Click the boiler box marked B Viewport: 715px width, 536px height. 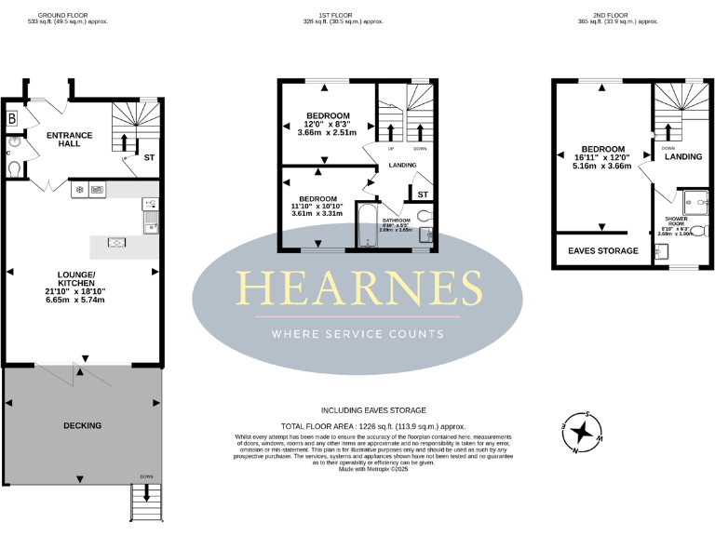click(12, 118)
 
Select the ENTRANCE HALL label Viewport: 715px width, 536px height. click(70, 141)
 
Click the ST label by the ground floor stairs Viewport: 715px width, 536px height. click(149, 158)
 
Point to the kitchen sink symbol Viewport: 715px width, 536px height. click(149, 222)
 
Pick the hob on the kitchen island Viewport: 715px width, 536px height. click(117, 243)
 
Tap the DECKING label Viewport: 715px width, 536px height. click(82, 425)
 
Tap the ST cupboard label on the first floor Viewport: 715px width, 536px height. click(422, 194)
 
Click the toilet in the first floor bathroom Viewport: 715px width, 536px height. click(425, 216)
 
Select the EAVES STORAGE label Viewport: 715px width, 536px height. click(603, 251)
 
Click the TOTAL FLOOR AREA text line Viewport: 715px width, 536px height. click(372, 422)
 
